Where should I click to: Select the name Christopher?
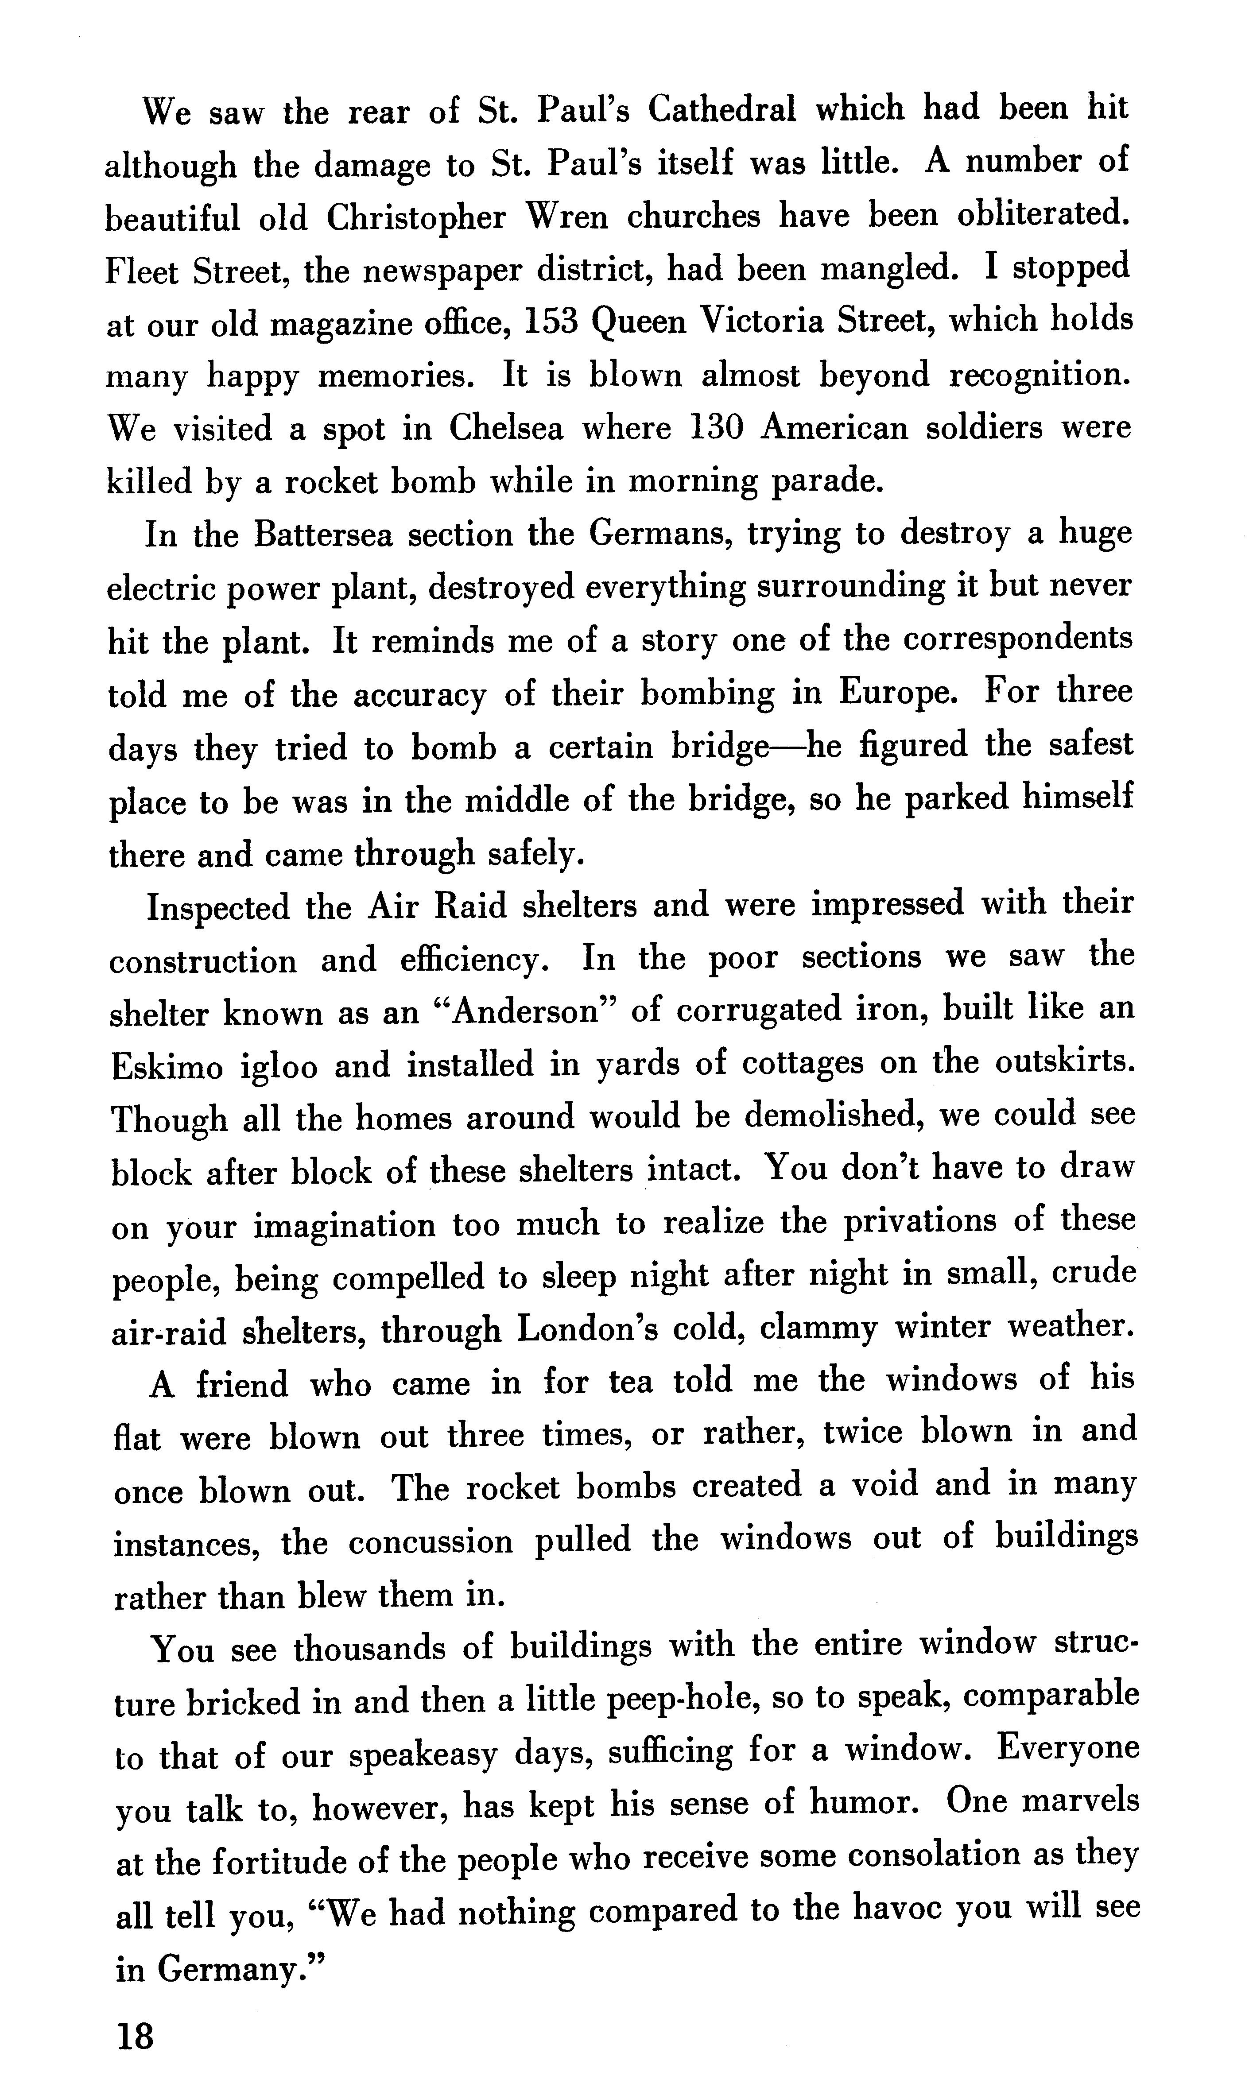(416, 217)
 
